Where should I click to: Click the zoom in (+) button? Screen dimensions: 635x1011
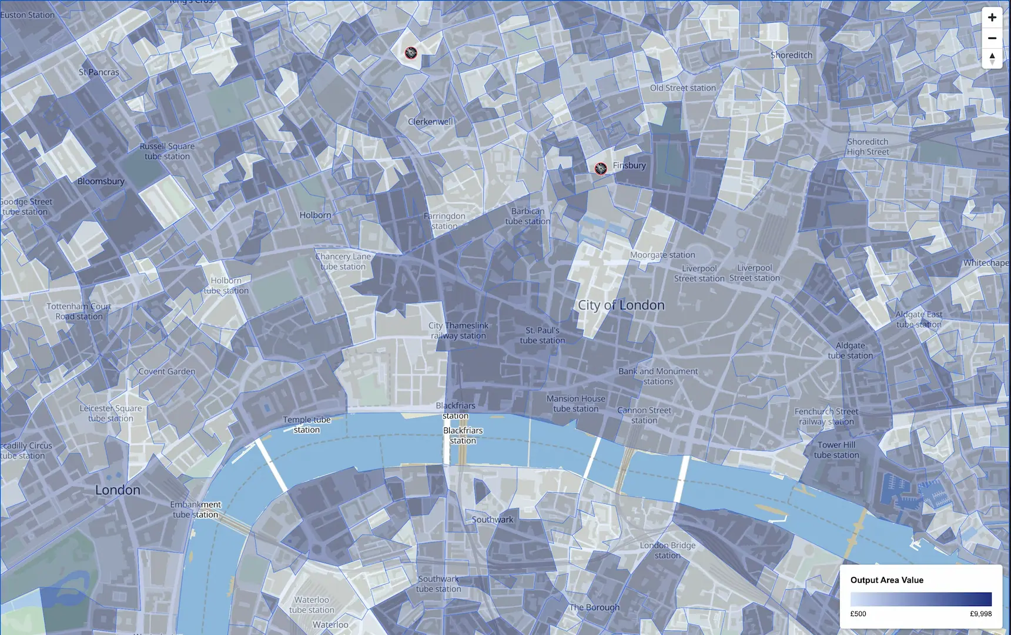click(992, 18)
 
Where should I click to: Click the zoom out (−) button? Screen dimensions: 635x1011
click(992, 38)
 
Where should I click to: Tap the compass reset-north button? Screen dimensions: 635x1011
click(992, 58)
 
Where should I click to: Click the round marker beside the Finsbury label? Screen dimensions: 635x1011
click(600, 169)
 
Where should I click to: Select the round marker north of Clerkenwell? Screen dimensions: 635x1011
click(411, 54)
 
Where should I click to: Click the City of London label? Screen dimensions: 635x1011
click(621, 305)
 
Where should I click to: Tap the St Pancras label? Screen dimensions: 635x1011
click(99, 72)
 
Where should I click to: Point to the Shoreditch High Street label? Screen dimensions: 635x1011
click(868, 146)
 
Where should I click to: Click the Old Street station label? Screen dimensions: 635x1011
click(682, 88)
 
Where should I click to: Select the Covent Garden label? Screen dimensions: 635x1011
click(167, 372)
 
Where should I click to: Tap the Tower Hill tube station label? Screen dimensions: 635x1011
click(836, 450)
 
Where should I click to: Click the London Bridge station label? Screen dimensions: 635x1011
click(668, 550)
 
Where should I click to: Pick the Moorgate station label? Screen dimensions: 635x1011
click(662, 255)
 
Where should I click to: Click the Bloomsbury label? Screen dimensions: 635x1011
click(101, 181)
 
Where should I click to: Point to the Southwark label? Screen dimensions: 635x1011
click(493, 520)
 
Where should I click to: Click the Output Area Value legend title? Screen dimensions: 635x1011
click(886, 580)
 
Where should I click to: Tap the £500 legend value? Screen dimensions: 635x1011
click(858, 614)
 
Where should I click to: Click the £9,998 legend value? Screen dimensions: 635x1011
click(980, 614)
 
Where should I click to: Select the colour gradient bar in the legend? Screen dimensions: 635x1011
click(920, 599)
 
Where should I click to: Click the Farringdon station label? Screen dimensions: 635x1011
click(444, 221)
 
